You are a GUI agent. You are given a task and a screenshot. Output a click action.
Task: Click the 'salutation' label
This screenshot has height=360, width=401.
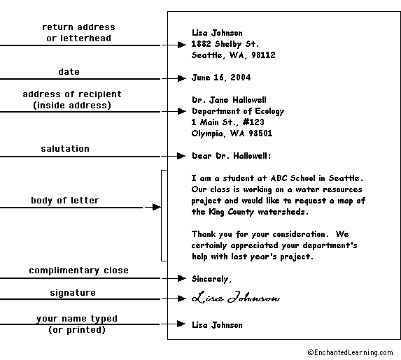[x=65, y=149]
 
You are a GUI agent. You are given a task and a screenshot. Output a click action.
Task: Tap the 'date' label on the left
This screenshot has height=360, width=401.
[x=69, y=71]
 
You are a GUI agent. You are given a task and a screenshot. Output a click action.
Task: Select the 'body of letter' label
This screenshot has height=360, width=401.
[x=65, y=201]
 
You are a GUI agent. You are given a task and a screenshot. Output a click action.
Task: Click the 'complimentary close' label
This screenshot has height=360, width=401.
[x=78, y=271]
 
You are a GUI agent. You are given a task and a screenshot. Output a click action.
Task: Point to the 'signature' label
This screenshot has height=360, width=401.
[x=73, y=293]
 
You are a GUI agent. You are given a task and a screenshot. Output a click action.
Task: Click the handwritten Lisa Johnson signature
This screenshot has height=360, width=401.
[x=236, y=297]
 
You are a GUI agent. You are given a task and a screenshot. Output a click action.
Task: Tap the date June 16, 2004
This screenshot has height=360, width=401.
[x=221, y=78]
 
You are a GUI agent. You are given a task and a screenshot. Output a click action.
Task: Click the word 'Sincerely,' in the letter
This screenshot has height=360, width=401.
[x=211, y=279]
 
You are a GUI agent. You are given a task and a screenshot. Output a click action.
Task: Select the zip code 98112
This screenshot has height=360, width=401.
[x=263, y=55]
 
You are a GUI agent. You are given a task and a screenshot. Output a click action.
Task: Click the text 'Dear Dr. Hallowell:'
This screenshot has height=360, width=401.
[x=231, y=156]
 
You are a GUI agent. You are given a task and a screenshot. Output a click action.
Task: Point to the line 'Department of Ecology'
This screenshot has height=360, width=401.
[x=238, y=111]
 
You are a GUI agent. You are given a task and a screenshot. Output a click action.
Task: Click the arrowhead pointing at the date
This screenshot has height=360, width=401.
[x=181, y=78]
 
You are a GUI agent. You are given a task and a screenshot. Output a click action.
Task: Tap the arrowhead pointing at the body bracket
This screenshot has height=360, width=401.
[x=157, y=207]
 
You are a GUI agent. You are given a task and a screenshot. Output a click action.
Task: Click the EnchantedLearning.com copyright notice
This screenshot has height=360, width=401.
[x=350, y=352]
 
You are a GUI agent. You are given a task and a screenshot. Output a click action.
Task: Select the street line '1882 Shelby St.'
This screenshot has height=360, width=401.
[x=225, y=44]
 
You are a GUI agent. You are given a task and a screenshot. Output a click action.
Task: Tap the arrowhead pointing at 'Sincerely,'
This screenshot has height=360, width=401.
[x=181, y=278]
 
